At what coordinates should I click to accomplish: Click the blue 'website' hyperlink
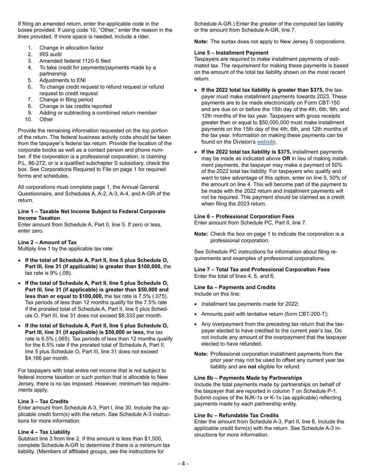click(x=266, y=142)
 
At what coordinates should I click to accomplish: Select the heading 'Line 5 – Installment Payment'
click(x=231, y=53)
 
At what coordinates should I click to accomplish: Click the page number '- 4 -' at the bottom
click(x=183, y=464)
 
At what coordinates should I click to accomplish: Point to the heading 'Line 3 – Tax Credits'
click(x=43, y=401)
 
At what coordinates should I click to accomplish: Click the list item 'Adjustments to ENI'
click(x=57, y=80)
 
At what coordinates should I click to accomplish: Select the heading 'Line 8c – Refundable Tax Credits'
click(x=236, y=415)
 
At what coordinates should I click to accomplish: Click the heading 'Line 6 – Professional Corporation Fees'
click(x=244, y=216)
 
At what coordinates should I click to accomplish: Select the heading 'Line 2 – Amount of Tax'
click(x=47, y=242)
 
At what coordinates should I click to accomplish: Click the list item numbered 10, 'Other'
click(x=46, y=119)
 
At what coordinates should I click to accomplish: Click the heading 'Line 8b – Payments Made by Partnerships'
click(x=248, y=378)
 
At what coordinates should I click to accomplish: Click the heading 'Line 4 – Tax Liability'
click(x=44, y=432)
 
